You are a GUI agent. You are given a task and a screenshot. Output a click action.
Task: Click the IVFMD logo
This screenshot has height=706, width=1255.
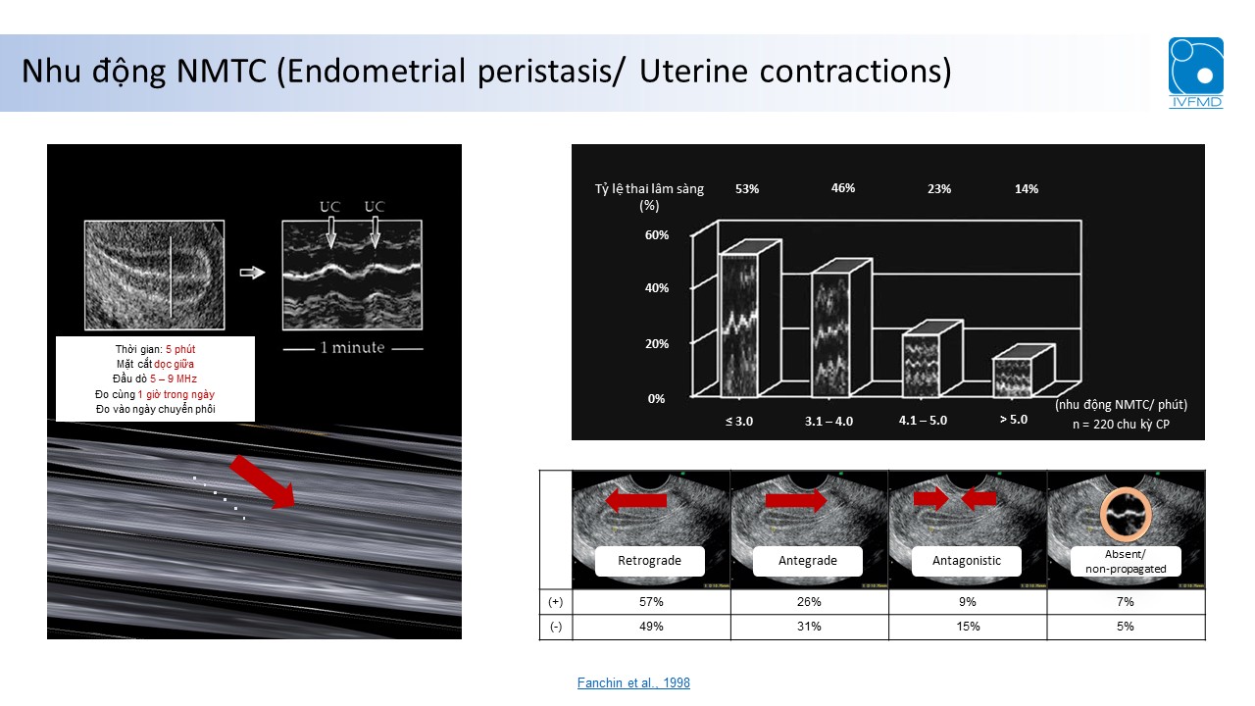pos(1195,73)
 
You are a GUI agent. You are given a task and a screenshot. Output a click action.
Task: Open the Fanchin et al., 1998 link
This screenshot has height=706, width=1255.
pos(633,682)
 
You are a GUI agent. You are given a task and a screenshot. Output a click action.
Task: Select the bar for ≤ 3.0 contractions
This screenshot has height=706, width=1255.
pos(739,325)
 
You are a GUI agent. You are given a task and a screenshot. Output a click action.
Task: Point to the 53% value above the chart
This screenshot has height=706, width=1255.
pos(747,189)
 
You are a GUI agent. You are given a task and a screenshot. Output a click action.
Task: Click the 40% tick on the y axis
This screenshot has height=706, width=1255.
pos(657,288)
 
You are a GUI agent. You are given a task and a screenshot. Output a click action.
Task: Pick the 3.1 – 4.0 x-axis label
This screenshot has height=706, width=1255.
pos(828,421)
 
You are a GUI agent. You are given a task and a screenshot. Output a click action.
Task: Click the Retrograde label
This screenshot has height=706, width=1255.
pos(649,560)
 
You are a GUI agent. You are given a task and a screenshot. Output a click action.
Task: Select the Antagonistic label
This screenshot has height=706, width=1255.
pos(967,560)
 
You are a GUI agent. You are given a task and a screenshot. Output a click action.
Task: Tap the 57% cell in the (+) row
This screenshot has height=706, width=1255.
pos(651,602)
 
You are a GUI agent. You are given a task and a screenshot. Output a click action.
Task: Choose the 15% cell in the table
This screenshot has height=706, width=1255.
pos(968,627)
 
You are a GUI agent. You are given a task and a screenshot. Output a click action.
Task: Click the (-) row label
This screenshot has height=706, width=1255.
pos(555,627)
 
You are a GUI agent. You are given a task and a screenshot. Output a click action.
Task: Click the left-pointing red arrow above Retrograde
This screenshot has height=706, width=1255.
pos(636,500)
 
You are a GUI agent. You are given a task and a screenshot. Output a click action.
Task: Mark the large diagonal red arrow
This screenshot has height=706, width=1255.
pos(262,481)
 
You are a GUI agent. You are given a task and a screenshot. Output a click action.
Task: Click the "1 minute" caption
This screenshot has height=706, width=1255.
pos(352,347)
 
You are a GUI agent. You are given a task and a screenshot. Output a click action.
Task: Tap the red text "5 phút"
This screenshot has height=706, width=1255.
pos(180,349)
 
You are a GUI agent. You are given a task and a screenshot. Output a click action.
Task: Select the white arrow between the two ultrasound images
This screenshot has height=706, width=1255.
pos(252,273)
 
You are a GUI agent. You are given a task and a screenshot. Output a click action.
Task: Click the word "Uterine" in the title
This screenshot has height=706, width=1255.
pos(693,72)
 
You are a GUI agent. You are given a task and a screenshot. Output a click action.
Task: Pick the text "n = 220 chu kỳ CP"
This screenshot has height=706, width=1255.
pos(1121,425)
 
